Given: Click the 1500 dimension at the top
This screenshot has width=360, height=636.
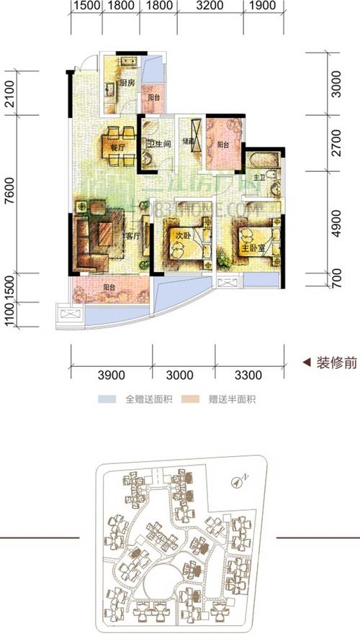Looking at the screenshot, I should tap(86, 8).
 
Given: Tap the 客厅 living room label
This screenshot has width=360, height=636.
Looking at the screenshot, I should tap(131, 235).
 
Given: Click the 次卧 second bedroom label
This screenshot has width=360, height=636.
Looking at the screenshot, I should tap(182, 235).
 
